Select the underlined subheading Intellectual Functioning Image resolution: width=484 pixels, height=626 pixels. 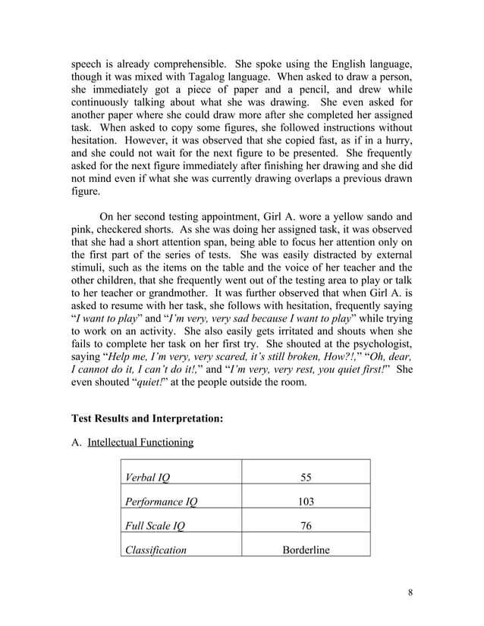click(140, 443)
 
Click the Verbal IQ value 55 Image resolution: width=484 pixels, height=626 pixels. click(306, 477)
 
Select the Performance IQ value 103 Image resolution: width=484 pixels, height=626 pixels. click(306, 502)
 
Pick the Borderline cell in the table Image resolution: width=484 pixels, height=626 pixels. click(306, 550)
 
